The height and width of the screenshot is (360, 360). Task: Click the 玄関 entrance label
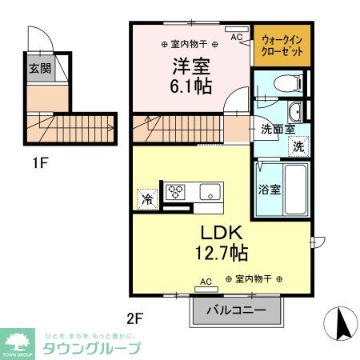click(x=40, y=69)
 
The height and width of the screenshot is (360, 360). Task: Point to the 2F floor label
click(x=134, y=318)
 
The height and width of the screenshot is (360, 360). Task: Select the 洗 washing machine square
click(x=296, y=146)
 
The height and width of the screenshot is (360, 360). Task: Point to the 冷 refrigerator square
click(x=148, y=197)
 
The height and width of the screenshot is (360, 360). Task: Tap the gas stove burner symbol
click(x=174, y=191)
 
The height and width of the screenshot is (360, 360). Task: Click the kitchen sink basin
click(x=211, y=191)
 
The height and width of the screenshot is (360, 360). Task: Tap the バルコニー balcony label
click(x=237, y=310)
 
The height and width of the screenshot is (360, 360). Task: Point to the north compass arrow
click(x=342, y=323)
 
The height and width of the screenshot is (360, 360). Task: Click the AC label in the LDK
click(x=206, y=282)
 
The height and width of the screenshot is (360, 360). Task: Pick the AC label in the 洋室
click(x=238, y=37)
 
